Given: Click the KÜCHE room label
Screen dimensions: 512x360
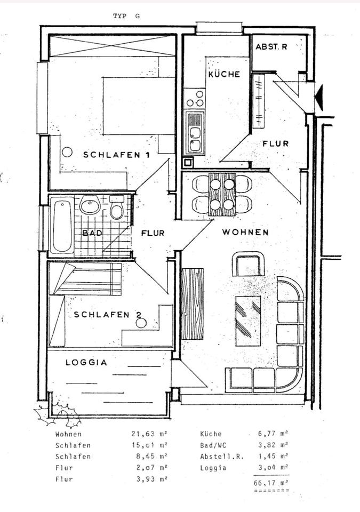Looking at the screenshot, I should coord(223,75).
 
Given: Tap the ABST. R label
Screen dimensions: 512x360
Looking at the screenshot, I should coord(271,47).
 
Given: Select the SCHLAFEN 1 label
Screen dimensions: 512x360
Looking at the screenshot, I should coord(116,155).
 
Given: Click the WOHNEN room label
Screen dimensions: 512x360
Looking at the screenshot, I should coord(245,233).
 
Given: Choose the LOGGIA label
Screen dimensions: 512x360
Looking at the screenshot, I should coord(86,362).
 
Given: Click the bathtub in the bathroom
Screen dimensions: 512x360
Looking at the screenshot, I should coord(61,225).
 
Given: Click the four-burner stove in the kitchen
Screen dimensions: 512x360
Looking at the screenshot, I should coord(194,99).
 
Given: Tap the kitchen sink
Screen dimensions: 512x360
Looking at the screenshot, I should coord(195,132).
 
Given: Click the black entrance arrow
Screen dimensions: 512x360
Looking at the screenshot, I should coord(319,98).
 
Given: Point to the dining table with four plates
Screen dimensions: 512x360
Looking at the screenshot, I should coord(222,194).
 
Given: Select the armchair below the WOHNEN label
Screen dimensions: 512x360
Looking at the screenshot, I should coord(248,264).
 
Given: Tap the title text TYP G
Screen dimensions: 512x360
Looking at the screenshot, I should coord(126,16).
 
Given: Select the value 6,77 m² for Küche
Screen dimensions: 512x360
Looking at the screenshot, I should coord(270,434).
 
